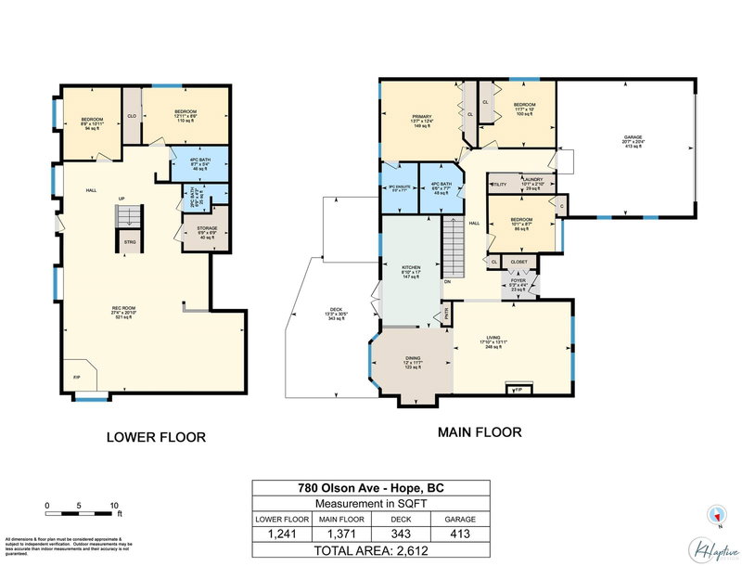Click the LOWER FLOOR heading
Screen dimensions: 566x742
coord(155,437)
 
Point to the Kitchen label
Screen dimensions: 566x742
coord(411,271)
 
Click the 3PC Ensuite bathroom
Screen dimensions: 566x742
coord(398,188)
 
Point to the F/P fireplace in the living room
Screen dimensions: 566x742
coord(518,389)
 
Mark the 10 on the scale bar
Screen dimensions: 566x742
coord(114,505)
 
